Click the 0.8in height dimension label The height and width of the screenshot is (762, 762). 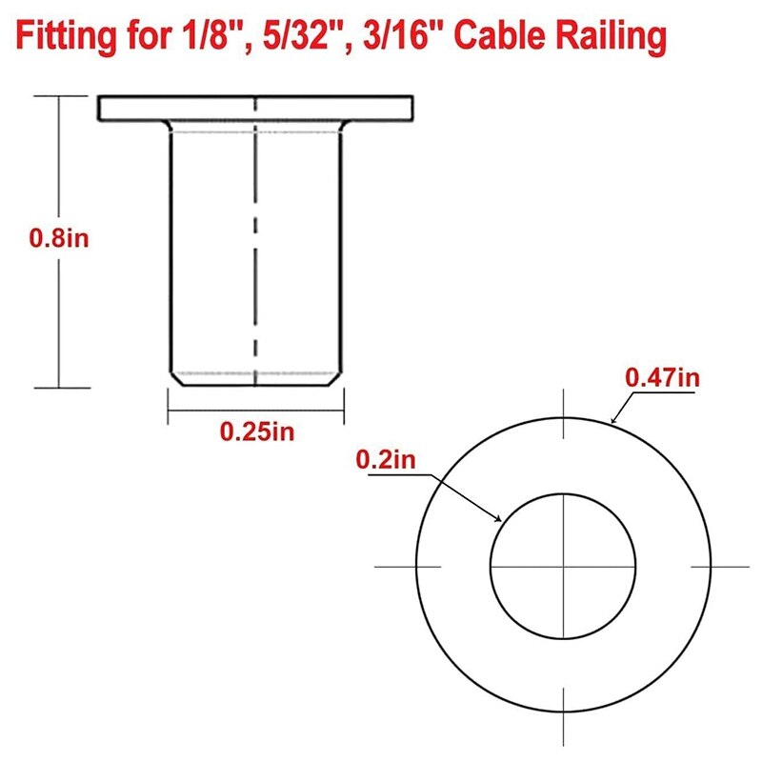click(59, 238)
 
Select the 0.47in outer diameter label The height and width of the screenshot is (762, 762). click(663, 378)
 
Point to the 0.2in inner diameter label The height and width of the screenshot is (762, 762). click(387, 460)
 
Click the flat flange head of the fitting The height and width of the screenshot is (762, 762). click(256, 108)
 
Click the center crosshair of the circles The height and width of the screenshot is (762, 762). click(563, 566)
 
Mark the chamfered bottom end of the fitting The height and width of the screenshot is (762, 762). click(255, 379)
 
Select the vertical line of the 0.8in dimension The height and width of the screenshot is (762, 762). click(60, 314)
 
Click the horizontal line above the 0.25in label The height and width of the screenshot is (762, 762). click(255, 411)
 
